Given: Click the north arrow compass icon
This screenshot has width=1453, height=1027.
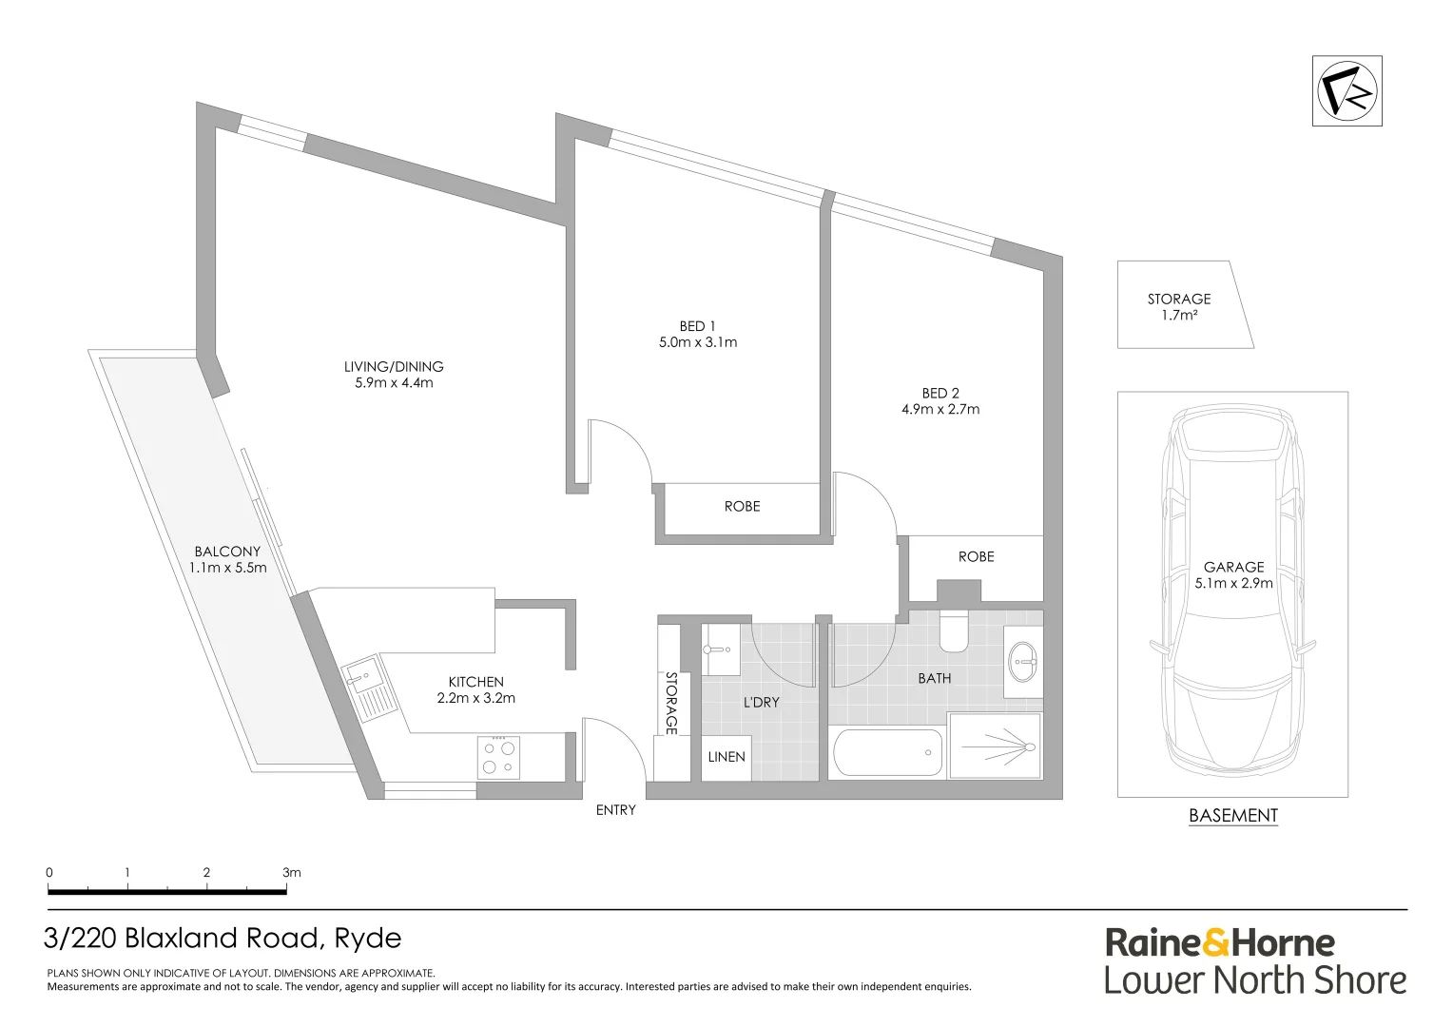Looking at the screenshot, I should click(x=1346, y=91).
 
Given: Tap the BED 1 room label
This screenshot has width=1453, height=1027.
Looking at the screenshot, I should click(x=697, y=326).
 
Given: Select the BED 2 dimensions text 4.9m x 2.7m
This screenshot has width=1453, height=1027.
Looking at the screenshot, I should click(x=940, y=410).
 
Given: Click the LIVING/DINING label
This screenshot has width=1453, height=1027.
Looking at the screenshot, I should click(x=394, y=366).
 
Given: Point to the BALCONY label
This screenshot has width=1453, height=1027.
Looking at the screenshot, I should click(x=227, y=552).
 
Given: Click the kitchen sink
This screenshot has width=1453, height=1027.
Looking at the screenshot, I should click(x=362, y=678).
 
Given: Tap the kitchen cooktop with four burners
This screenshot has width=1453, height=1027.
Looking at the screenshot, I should click(x=498, y=757).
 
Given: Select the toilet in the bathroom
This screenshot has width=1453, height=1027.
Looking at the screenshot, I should click(x=953, y=631).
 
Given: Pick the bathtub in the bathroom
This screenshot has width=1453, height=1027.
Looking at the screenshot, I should click(x=887, y=753).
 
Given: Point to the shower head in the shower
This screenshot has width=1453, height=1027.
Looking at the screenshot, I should click(x=1030, y=746).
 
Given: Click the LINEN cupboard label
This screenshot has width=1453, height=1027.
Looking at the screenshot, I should click(x=726, y=757).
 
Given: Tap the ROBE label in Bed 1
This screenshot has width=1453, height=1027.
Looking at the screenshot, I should click(x=742, y=507).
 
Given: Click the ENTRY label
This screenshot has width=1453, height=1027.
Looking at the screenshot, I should click(x=615, y=810).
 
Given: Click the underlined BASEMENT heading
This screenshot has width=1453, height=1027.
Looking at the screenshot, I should click(x=1233, y=816).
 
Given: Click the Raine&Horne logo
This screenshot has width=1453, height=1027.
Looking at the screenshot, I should click(x=1220, y=943).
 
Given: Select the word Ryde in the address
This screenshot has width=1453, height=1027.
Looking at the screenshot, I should click(x=367, y=939).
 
